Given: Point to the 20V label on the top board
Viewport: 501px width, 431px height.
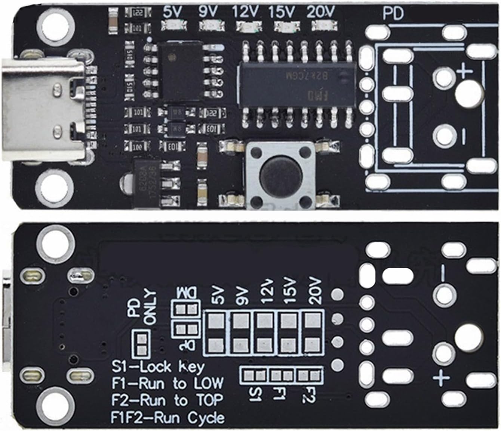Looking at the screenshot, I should tap(321, 12).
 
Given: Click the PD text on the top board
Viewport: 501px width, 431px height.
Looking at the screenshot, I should tap(393, 14).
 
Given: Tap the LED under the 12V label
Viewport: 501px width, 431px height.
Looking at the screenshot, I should tap(248, 26).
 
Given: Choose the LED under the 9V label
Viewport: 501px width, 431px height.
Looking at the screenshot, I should tap(212, 26).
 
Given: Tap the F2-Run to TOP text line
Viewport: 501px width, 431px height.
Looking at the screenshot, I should tap(167, 400).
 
